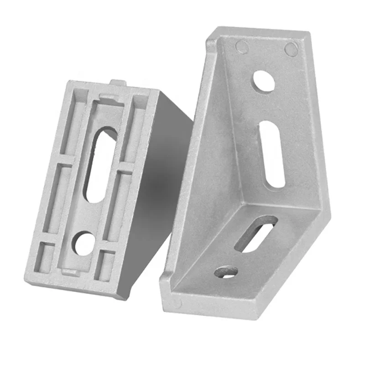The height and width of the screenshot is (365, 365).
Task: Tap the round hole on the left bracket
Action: coord(84,244)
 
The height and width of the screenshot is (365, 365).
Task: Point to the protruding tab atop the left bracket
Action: coord(118,83)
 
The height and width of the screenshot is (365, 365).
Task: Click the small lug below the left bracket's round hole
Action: coord(68,272)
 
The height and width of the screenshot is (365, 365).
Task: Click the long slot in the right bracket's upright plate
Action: coord(273,154)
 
